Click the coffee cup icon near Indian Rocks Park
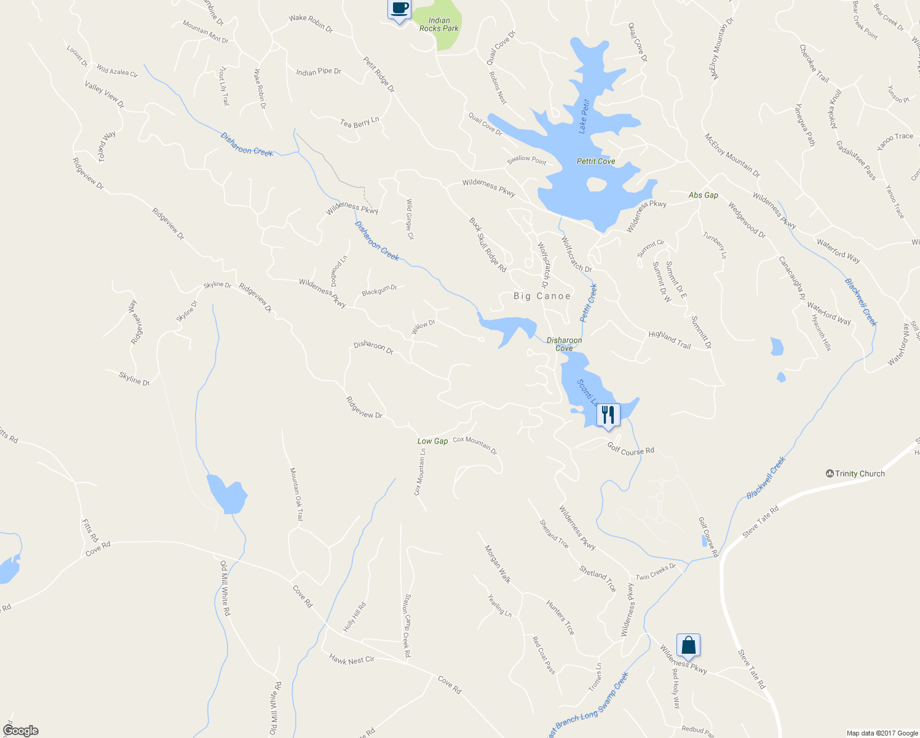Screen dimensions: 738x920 [x=400, y=9]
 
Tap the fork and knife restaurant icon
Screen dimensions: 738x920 [x=608, y=415]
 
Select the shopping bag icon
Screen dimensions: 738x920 [x=688, y=645]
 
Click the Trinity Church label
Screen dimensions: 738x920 [x=855, y=474]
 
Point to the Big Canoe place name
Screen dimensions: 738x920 [x=542, y=296]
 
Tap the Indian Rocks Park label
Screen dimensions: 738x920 [x=439, y=25]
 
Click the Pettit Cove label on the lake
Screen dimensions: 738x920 [x=595, y=161]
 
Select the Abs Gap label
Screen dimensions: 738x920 [x=703, y=195]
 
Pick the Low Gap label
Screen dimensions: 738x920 [x=432, y=441]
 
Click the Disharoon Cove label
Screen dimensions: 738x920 [x=564, y=344]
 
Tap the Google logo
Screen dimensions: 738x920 [x=20, y=731]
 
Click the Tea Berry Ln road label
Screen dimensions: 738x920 [x=359, y=122]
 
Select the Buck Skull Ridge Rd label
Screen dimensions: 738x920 [x=488, y=245]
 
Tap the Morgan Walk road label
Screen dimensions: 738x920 [x=498, y=563]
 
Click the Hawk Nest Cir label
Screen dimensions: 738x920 [x=351, y=660]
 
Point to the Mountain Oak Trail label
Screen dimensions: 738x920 [x=296, y=494]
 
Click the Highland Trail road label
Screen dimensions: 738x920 [x=669, y=340]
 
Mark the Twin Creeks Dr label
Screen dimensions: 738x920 [x=656, y=572]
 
